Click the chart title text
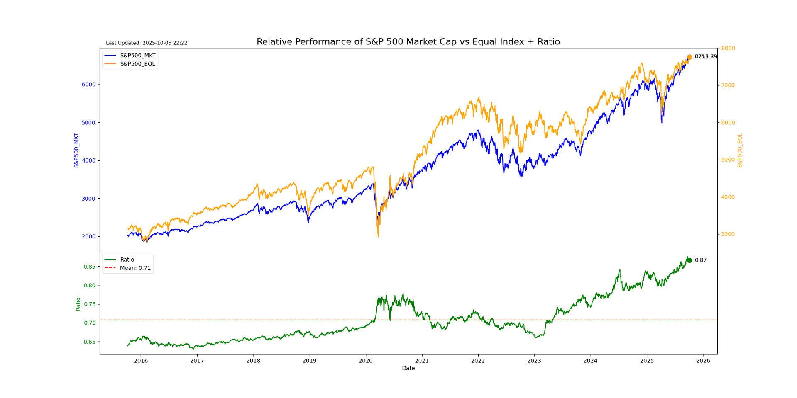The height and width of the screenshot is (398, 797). (x=408, y=42)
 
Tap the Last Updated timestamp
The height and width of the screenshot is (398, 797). (x=147, y=43)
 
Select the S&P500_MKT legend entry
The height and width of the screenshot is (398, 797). (x=137, y=55)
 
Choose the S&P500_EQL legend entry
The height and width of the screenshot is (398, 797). (x=137, y=64)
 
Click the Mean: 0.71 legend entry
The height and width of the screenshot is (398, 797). (x=135, y=268)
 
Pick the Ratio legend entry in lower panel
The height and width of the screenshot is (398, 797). (x=127, y=260)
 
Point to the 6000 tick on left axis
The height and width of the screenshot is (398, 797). (x=88, y=85)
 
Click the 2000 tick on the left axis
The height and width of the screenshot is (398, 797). (x=88, y=237)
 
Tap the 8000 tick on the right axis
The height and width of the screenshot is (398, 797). (x=728, y=49)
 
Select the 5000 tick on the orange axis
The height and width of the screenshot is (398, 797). (x=728, y=160)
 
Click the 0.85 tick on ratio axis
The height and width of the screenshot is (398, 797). (x=90, y=267)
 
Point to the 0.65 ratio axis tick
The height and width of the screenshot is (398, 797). (x=90, y=342)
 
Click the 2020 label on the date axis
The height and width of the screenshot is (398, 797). (x=366, y=361)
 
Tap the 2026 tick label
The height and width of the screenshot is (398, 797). (x=703, y=361)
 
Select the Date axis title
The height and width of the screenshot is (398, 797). (x=408, y=368)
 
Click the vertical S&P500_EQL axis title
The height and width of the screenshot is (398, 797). (x=740, y=150)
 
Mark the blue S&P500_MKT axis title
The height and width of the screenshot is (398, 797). (x=76, y=150)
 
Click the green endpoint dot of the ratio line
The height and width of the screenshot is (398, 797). (x=689, y=260)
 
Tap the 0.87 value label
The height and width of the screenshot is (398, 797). (x=701, y=260)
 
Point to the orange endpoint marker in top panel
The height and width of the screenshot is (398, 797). (x=689, y=57)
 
